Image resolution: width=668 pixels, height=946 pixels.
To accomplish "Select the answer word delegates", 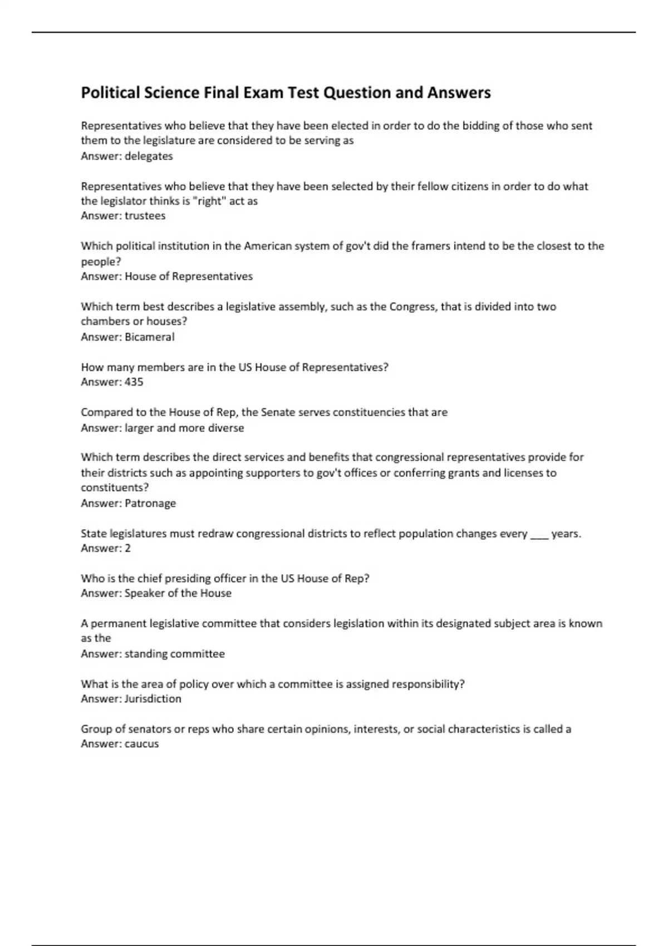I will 149,156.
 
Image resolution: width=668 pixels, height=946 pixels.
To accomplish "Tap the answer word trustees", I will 145,216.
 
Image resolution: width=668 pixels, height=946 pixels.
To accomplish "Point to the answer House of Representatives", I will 188,277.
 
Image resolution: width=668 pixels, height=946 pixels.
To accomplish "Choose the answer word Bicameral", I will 149,337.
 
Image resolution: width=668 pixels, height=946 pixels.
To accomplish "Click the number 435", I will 134,382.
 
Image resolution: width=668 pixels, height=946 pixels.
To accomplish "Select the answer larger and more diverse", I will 184,428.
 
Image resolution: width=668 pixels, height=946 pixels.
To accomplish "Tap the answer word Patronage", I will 150,503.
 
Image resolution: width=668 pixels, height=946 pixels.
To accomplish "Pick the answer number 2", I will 127,548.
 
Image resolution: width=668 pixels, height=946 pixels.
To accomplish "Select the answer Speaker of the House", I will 178,593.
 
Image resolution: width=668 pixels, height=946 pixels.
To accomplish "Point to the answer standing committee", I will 174,654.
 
